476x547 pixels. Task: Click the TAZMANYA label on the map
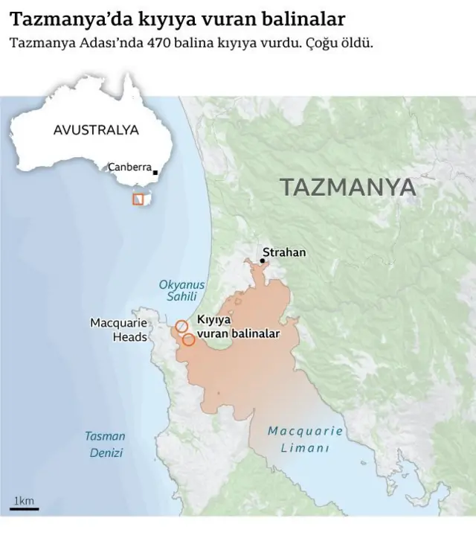click(348, 187)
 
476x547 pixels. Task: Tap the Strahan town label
click(283, 252)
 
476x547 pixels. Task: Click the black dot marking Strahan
click(263, 260)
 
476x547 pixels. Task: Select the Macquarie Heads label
click(118, 330)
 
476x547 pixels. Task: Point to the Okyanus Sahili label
click(181, 290)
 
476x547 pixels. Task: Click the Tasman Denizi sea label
click(105, 444)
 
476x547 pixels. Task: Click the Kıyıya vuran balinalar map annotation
click(237, 327)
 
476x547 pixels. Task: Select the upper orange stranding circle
click(181, 326)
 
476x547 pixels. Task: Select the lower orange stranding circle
click(189, 339)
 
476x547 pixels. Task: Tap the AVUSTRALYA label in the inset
click(96, 129)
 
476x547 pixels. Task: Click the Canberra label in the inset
click(129, 167)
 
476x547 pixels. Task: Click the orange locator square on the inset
click(138, 199)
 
